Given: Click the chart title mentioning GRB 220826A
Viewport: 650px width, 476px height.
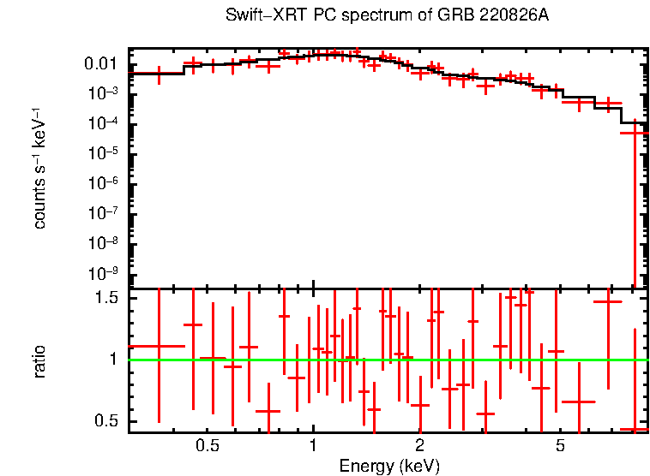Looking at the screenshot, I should [387, 16].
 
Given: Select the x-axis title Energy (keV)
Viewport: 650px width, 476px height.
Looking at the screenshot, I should [389, 466].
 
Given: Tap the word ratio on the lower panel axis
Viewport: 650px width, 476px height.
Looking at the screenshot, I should [39, 360].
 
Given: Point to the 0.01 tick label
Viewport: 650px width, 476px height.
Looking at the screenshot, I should [101, 64].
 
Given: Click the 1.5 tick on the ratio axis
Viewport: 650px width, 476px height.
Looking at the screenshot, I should [106, 297].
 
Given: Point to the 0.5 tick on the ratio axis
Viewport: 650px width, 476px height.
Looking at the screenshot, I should [106, 420].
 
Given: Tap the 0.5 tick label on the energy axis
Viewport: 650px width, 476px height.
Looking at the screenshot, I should [207, 446].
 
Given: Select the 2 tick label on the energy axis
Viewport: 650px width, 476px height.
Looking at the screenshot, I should [419, 446].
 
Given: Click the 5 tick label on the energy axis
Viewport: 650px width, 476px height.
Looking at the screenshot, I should [559, 446].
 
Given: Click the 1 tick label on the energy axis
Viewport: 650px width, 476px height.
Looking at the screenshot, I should [313, 446].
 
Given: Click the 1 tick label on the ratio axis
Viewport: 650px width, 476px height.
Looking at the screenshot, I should [113, 359].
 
